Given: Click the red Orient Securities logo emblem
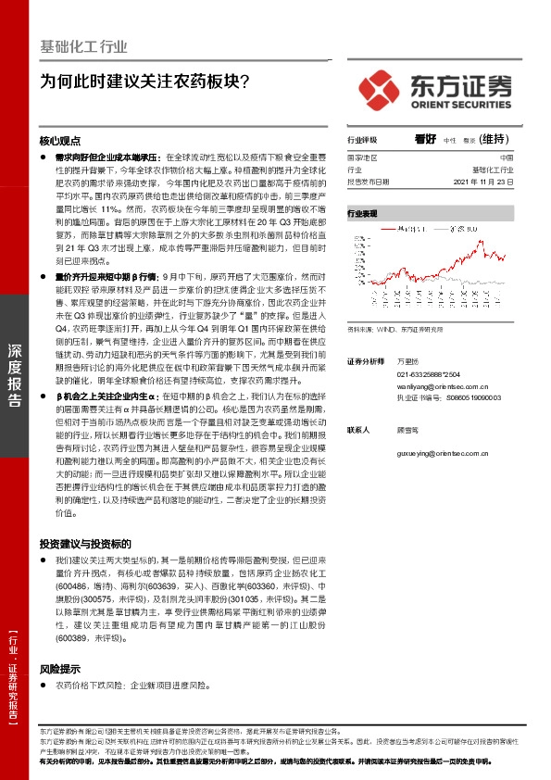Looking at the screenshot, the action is tap(380, 88).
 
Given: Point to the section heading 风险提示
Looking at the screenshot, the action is tap(60, 668).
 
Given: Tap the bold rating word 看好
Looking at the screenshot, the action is tap(425, 140).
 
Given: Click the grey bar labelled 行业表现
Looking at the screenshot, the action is tap(429, 213).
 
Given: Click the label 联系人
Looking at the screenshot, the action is tap(358, 430).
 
